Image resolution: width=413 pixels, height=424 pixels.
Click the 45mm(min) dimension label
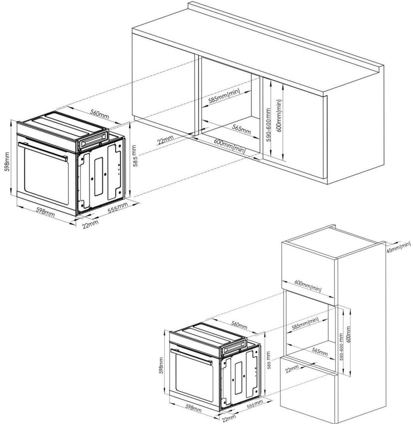pos(399,247)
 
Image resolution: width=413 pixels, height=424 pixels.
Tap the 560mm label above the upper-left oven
pos(100,115)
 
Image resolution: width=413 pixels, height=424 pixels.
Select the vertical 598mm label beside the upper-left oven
pos(7,162)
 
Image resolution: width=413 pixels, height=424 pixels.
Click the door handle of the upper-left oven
pos(43,151)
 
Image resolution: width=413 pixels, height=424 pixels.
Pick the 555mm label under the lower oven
pos(255,404)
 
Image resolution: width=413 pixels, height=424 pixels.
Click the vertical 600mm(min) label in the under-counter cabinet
pos(279,115)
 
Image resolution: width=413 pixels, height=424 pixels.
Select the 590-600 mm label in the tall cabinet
pos(341,347)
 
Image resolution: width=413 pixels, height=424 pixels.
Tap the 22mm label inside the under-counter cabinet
pos(165,140)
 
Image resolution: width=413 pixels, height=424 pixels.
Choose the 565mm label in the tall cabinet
pos(320,352)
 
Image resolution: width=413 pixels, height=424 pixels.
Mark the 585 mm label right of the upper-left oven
pos(134,156)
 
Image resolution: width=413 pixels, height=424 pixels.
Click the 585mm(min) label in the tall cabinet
pos(305,323)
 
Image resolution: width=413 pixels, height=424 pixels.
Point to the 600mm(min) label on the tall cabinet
pos(308,286)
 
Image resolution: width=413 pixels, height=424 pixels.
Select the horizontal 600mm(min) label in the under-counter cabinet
pos(229,146)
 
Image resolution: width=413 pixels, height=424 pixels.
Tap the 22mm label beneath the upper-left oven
pos(90,224)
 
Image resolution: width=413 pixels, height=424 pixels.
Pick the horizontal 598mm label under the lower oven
pos(193,408)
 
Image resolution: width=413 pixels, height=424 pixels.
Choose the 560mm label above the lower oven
pos(239,325)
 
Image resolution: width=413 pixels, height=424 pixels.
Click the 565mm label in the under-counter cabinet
pos(241,130)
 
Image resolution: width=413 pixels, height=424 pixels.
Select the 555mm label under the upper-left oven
pos(118,208)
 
